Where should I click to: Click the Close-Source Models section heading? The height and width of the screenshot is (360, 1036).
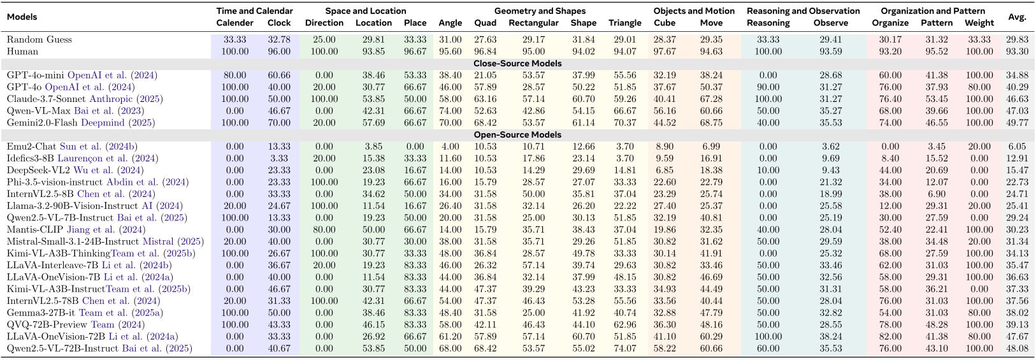(x=517, y=63)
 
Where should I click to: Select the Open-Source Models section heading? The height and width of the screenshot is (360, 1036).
(x=517, y=134)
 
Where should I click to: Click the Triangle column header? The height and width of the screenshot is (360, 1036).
(x=624, y=23)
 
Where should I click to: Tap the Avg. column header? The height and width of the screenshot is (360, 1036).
(x=1017, y=17)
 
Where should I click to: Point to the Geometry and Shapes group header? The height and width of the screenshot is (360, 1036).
(x=540, y=11)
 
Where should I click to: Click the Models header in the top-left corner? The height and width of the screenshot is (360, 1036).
(x=22, y=17)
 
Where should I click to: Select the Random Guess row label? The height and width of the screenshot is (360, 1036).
(x=39, y=40)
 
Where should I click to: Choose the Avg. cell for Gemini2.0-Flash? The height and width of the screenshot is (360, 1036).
(x=1017, y=123)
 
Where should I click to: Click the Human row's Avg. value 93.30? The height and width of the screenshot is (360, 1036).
(x=1017, y=52)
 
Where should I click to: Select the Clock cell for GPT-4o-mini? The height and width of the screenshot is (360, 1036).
(x=279, y=75)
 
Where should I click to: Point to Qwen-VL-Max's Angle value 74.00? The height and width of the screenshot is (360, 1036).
(x=450, y=111)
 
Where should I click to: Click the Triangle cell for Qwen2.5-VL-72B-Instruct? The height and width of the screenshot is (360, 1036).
(x=624, y=349)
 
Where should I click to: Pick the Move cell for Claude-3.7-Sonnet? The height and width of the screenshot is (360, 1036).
(x=711, y=99)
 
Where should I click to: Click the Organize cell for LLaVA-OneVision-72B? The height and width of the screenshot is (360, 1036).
(x=890, y=336)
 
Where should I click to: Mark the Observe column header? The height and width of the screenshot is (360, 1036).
(x=831, y=23)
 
